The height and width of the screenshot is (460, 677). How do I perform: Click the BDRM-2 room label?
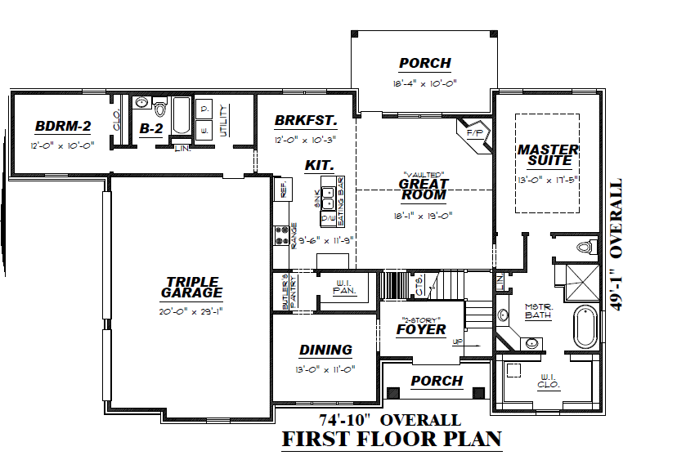pyautogui.click(x=63, y=127)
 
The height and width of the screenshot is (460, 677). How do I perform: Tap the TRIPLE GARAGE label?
pyautogui.click(x=191, y=287)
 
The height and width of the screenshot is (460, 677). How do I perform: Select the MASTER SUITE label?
pyautogui.click(x=548, y=155)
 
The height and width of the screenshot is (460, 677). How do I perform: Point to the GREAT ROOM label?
pyautogui.click(x=423, y=190)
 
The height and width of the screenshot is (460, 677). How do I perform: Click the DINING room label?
pyautogui.click(x=325, y=350)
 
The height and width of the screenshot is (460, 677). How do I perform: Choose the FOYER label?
pyautogui.click(x=421, y=329)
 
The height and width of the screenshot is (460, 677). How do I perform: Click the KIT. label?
pyautogui.click(x=318, y=165)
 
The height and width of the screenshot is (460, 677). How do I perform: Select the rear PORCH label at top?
pyautogui.click(x=424, y=63)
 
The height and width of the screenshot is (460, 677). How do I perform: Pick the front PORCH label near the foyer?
pyautogui.click(x=437, y=381)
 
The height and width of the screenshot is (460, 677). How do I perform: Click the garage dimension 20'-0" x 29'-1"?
pyautogui.click(x=191, y=311)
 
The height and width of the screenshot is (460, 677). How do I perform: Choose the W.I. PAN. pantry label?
pyautogui.click(x=343, y=288)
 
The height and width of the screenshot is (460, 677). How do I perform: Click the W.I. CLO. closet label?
pyautogui.click(x=547, y=381)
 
